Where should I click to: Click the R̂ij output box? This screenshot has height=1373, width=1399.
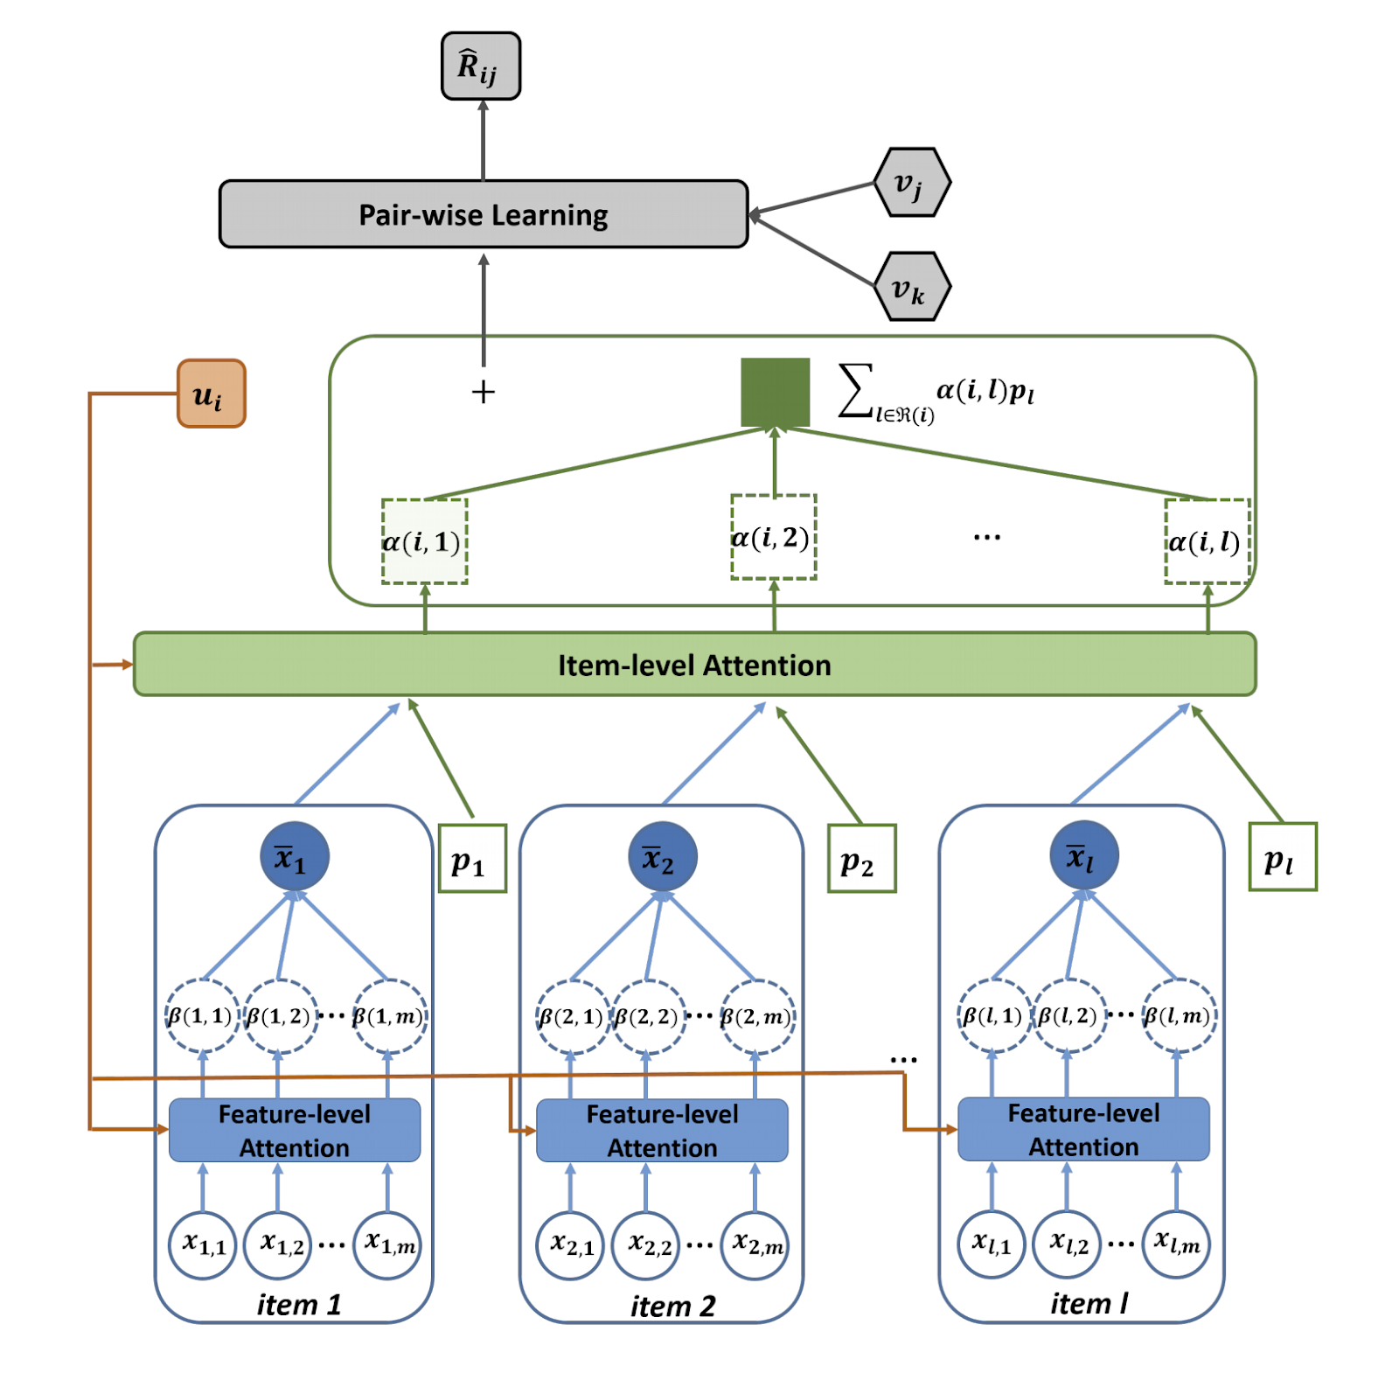480,66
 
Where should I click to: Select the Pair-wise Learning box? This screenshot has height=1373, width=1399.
483,214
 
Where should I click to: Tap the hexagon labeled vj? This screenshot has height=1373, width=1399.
911,183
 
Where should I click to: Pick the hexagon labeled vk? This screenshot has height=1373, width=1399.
911,287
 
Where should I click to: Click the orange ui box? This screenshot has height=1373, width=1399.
211,394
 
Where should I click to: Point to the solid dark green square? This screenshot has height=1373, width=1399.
775,393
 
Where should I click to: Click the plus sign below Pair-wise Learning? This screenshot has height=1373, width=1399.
483,392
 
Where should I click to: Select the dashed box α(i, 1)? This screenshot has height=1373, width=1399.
424,541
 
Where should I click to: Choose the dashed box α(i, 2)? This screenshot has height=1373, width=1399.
773,537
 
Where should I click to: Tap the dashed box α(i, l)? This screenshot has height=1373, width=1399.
1207,541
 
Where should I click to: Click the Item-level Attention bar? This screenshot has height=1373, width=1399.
694,665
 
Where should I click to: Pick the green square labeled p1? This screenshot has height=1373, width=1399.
472,858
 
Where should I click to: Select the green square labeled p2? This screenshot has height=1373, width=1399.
861,858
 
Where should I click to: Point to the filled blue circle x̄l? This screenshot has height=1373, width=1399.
1083,854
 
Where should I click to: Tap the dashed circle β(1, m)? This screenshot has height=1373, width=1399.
389,1015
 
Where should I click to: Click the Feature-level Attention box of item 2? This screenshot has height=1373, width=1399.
662,1130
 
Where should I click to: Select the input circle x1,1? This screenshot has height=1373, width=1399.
203,1244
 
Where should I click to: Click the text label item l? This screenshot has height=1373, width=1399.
1089,1304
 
